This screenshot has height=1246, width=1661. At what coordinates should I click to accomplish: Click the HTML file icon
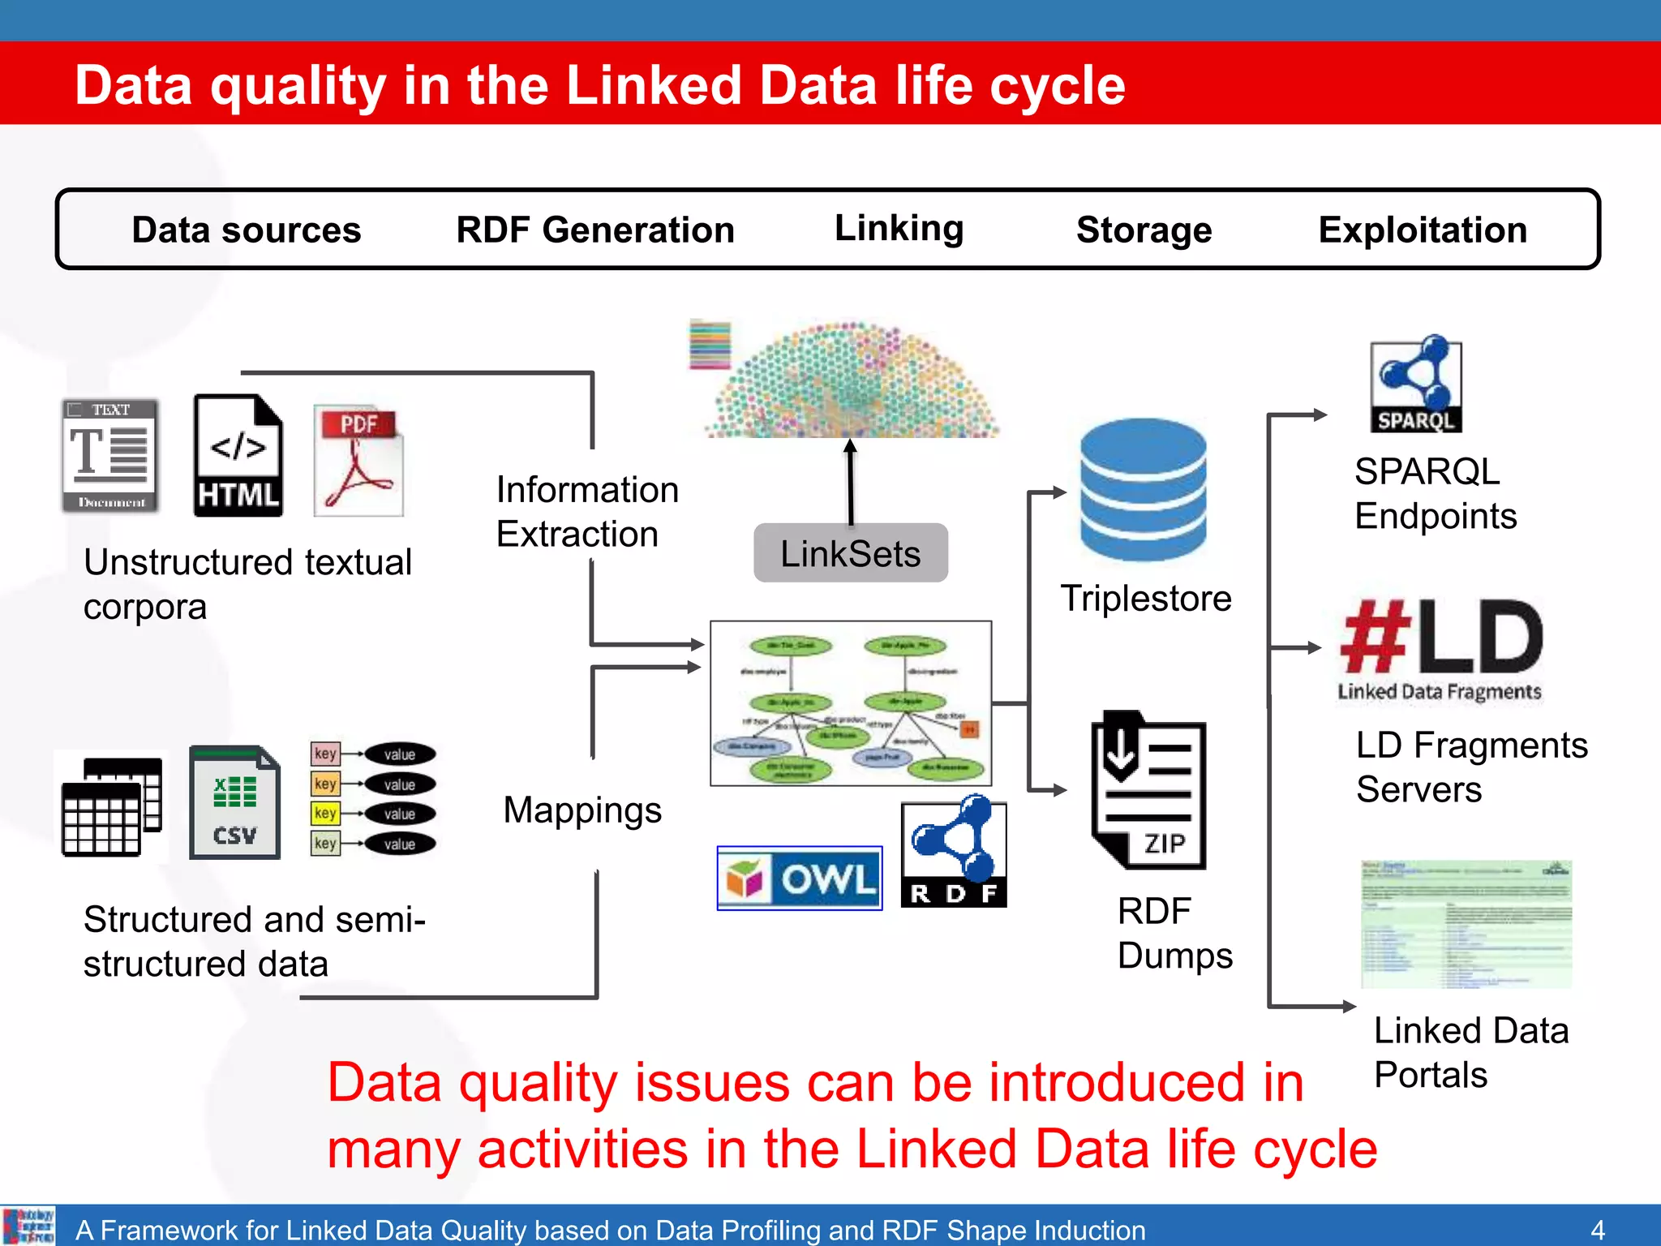click(238, 456)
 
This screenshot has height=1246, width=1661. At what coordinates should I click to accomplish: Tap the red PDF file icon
click(358, 461)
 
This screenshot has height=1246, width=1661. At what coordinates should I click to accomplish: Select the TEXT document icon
click(110, 456)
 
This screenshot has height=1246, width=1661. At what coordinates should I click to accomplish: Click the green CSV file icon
click(234, 802)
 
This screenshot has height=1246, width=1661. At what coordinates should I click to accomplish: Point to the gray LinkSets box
click(850, 553)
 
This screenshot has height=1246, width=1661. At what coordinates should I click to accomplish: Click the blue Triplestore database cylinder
click(1143, 490)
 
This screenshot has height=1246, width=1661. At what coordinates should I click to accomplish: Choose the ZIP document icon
click(1148, 790)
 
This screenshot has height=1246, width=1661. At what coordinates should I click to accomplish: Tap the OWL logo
click(800, 879)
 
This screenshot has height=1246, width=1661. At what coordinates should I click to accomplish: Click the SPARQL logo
click(1416, 385)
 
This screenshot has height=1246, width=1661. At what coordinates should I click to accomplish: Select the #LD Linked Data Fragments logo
click(1440, 649)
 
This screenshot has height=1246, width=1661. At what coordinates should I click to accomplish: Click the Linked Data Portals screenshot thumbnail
click(1466, 925)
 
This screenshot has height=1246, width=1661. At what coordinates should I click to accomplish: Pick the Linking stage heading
click(899, 229)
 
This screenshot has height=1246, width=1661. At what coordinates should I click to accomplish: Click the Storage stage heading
click(1144, 230)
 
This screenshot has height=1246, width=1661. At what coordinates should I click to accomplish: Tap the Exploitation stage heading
click(1423, 230)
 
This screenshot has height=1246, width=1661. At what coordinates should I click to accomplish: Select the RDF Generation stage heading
click(595, 230)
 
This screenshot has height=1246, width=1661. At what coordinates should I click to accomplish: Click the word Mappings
click(582, 810)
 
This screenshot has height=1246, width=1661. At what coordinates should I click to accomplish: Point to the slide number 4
click(1597, 1229)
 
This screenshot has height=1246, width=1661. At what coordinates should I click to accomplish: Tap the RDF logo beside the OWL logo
click(954, 853)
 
